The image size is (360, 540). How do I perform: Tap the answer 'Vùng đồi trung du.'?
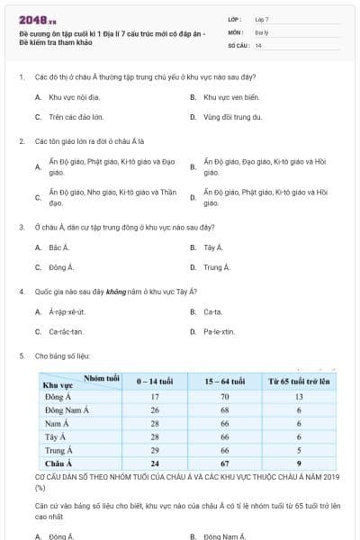point(232,117)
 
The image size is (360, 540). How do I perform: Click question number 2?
point(21,141)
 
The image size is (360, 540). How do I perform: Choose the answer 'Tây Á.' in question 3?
point(212,247)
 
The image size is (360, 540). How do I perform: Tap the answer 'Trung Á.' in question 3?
point(216,267)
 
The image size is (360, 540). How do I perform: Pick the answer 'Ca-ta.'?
point(212,311)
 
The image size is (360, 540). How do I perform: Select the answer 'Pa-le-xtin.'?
point(219,332)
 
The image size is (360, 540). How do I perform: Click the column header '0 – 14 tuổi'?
point(155,382)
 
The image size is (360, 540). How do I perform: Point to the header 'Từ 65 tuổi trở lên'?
point(297,382)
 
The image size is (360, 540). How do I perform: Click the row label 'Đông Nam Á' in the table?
point(63,409)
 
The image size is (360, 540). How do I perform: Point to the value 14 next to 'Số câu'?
point(258,45)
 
